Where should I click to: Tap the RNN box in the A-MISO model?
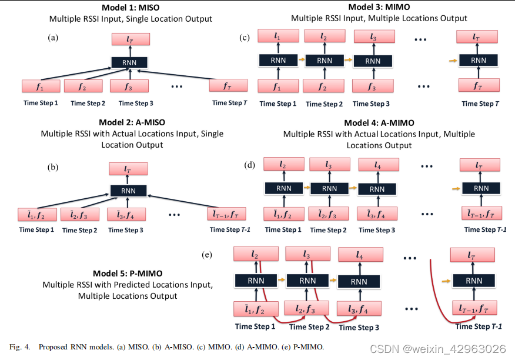(128, 190)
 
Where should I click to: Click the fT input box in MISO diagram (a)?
(227, 86)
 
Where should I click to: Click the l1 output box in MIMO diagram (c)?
(277, 36)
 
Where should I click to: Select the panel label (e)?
(206, 255)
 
